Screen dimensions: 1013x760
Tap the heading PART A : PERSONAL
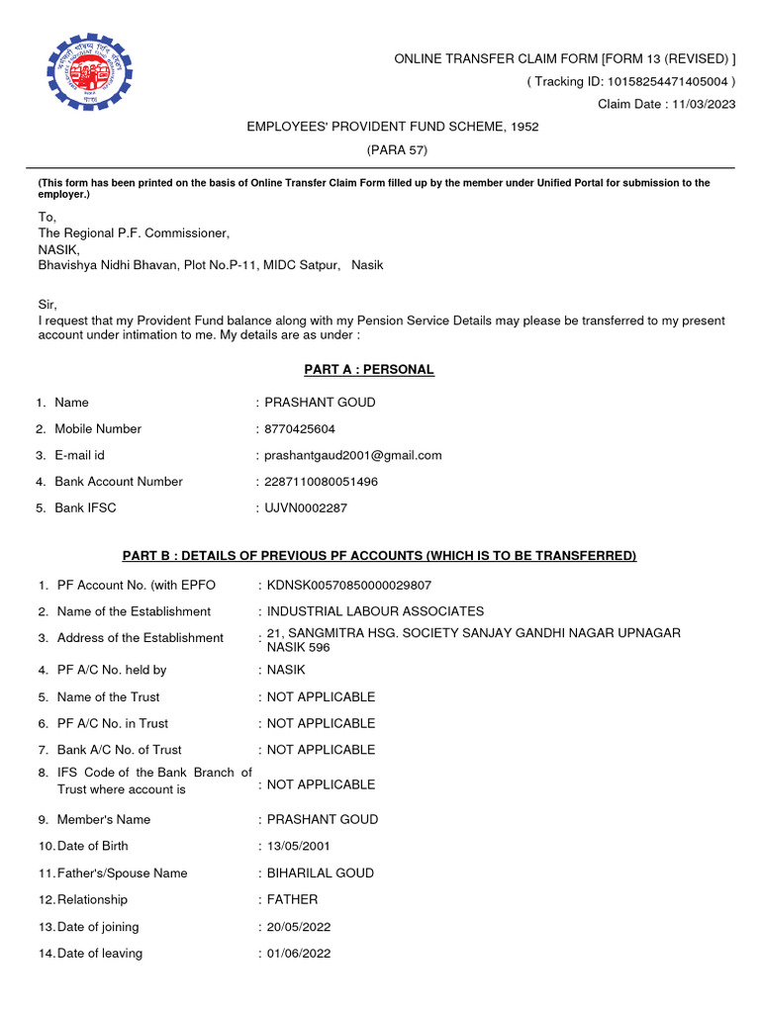(x=368, y=370)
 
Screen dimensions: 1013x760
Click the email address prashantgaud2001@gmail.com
(x=353, y=456)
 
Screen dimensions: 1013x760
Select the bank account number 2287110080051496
(x=322, y=482)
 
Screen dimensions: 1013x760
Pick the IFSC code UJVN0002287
(x=307, y=508)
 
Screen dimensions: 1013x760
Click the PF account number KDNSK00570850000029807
(x=349, y=586)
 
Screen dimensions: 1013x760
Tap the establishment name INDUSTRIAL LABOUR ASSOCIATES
(x=375, y=611)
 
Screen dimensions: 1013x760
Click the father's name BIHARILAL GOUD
(x=321, y=874)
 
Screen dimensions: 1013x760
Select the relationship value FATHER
(x=293, y=900)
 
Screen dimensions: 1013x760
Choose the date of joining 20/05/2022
(x=299, y=927)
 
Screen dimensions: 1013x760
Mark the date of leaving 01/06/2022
(x=299, y=954)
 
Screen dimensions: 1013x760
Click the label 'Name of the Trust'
(x=108, y=697)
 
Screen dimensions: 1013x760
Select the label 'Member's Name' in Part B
(x=104, y=820)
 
